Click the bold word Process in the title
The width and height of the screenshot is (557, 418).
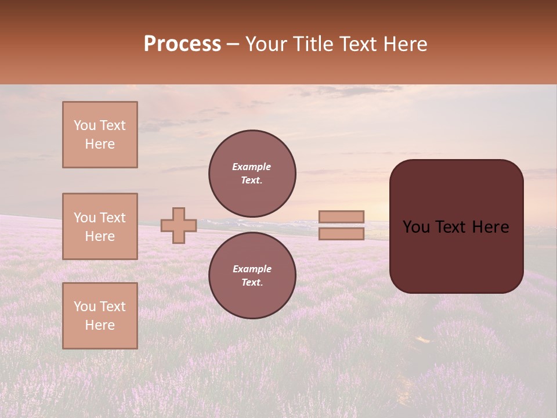coord(182,44)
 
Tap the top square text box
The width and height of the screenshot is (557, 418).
coord(100,135)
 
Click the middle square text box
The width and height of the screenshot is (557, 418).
coord(100,226)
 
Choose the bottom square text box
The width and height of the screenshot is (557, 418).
coord(100,316)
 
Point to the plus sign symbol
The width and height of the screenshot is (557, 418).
coord(178,225)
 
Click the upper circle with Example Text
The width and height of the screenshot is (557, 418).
coord(252,174)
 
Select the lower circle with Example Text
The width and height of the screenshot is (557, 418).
coord(252,276)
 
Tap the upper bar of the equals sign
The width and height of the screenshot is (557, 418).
coord(341,217)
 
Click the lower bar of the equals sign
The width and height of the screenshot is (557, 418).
coord(341,234)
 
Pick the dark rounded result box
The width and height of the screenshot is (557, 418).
coord(456,255)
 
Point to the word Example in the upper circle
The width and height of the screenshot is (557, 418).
coord(251,167)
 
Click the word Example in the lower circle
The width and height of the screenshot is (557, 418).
coord(251,269)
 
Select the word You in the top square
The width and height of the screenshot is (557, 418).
coord(84,125)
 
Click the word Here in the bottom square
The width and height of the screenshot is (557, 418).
coord(100,325)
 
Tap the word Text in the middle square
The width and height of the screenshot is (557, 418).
coord(112,218)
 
